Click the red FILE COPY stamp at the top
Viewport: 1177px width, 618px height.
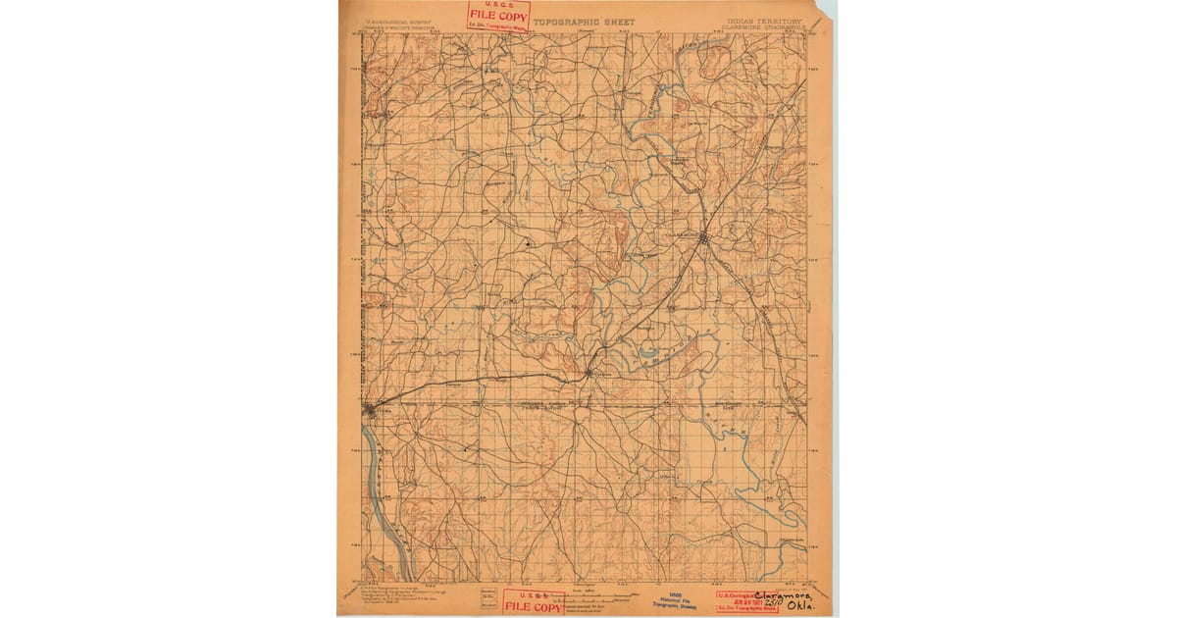coord(498,15)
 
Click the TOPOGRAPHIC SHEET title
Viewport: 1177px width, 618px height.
coord(585,22)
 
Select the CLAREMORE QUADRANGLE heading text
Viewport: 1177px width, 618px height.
coord(763,28)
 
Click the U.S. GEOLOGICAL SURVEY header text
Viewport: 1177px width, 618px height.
coord(398,21)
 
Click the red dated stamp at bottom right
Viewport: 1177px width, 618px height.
coord(745,602)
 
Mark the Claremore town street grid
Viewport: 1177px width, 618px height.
coord(703,236)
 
